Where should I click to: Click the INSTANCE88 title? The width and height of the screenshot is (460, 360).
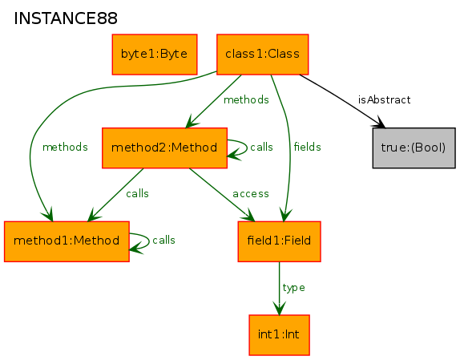(x=66, y=18)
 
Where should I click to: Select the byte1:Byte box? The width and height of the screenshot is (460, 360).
(x=155, y=55)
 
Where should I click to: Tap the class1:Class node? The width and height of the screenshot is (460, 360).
(x=263, y=55)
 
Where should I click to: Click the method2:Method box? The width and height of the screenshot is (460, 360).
(x=164, y=148)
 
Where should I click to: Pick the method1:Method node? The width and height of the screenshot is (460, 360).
(x=67, y=241)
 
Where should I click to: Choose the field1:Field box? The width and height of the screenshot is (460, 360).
(x=279, y=241)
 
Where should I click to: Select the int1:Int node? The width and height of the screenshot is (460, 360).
(x=279, y=335)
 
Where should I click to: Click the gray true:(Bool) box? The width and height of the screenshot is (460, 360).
(x=414, y=148)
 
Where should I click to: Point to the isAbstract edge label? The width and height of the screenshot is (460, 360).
(x=385, y=100)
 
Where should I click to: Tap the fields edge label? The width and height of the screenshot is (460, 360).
(x=308, y=147)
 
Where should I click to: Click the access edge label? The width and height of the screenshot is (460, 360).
(x=251, y=194)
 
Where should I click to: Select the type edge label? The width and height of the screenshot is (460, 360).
(x=293, y=288)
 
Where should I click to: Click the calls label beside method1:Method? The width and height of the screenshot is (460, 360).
(x=163, y=241)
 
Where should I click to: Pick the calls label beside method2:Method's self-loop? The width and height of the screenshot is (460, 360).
(x=261, y=147)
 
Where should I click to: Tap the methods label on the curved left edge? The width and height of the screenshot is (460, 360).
(x=65, y=147)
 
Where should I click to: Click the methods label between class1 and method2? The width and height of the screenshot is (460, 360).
(x=246, y=100)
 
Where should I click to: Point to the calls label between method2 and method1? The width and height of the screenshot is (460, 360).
(x=137, y=194)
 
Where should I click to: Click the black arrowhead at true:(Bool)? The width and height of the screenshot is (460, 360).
(x=379, y=123)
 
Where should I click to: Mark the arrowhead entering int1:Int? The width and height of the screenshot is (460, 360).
(x=279, y=308)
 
